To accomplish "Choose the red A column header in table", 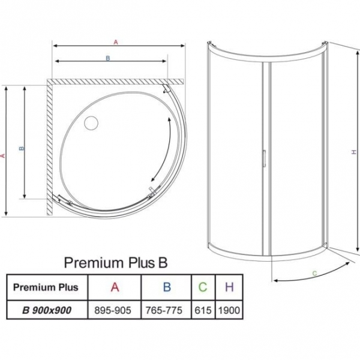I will click(x=114, y=287).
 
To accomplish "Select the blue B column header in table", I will click(x=166, y=287).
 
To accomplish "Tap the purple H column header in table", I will click(x=229, y=287).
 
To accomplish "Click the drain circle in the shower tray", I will click(x=91, y=124).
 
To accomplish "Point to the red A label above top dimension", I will click(x=115, y=42).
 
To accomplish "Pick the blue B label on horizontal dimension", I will click(x=107, y=58).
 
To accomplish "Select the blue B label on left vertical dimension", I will click(x=21, y=148).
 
